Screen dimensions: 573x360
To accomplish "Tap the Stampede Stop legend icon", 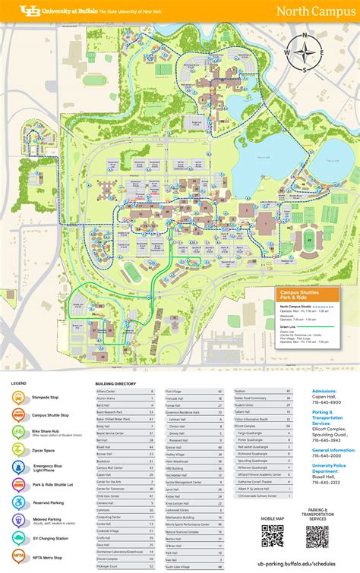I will click(20, 397).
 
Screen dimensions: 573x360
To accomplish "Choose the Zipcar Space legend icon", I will click(20, 449).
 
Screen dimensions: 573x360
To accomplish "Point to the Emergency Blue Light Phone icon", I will click(20, 467).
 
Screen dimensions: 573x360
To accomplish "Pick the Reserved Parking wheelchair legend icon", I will click(20, 502).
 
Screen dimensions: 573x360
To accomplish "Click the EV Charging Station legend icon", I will click(20, 537).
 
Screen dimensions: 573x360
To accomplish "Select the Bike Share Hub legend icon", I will click(20, 432).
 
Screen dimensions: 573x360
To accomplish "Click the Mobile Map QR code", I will click(272, 536).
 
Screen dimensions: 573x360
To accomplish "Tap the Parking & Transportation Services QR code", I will click(317, 537).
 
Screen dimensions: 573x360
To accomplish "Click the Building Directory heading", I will click(115, 384).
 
